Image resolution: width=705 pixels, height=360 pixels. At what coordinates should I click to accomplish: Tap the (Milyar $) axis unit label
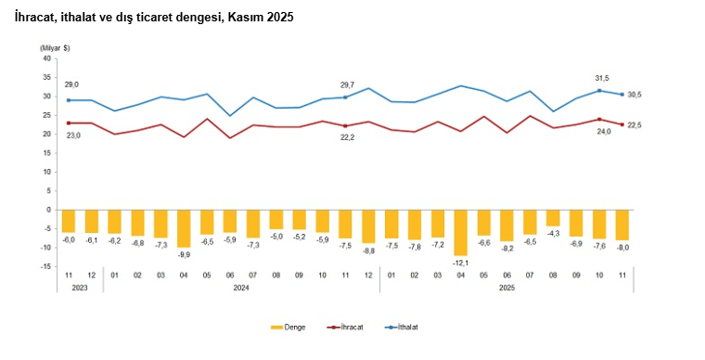pos(54,47)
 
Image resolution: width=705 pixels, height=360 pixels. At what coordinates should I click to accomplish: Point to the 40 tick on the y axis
pos(45,58)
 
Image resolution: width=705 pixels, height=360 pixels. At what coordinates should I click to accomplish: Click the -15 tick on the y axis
pos(45,267)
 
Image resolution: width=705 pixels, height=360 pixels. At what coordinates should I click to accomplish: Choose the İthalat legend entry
pos(406,328)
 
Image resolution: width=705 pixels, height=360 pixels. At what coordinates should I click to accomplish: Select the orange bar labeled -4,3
pos(553,218)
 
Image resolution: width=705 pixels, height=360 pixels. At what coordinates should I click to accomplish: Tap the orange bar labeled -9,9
pos(184,228)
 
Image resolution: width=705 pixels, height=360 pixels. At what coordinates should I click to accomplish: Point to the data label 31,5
pos(600,78)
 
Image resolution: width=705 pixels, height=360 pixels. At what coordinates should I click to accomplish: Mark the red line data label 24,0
pos(603,132)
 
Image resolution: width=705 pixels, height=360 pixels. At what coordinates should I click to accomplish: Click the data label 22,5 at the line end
pos(635,125)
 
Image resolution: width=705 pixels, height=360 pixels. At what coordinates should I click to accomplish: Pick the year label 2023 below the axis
pos(79,288)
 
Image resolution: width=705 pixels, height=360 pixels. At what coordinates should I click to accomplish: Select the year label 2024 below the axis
pos(241,288)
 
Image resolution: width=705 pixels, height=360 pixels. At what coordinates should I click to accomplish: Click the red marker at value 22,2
pos(345,126)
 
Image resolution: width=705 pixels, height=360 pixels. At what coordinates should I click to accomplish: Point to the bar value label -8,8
pos(368,251)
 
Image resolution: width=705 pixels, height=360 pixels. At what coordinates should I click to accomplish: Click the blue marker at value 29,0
pos(69,100)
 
